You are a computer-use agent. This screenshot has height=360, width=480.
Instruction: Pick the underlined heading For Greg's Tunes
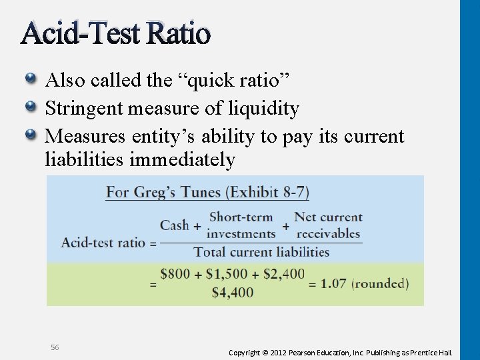point(207,193)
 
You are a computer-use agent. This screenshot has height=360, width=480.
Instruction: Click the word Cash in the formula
point(175,225)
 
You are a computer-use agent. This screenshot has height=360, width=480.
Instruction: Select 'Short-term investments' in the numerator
point(241,225)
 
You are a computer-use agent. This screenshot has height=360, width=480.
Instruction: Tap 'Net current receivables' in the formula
point(328,225)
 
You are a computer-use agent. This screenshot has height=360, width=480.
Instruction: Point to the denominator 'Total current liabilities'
point(261,252)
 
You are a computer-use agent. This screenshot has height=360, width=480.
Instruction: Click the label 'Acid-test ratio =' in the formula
point(108,243)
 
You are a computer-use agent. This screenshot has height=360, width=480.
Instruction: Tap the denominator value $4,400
point(232,292)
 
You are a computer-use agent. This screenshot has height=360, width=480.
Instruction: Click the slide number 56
point(55,347)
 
